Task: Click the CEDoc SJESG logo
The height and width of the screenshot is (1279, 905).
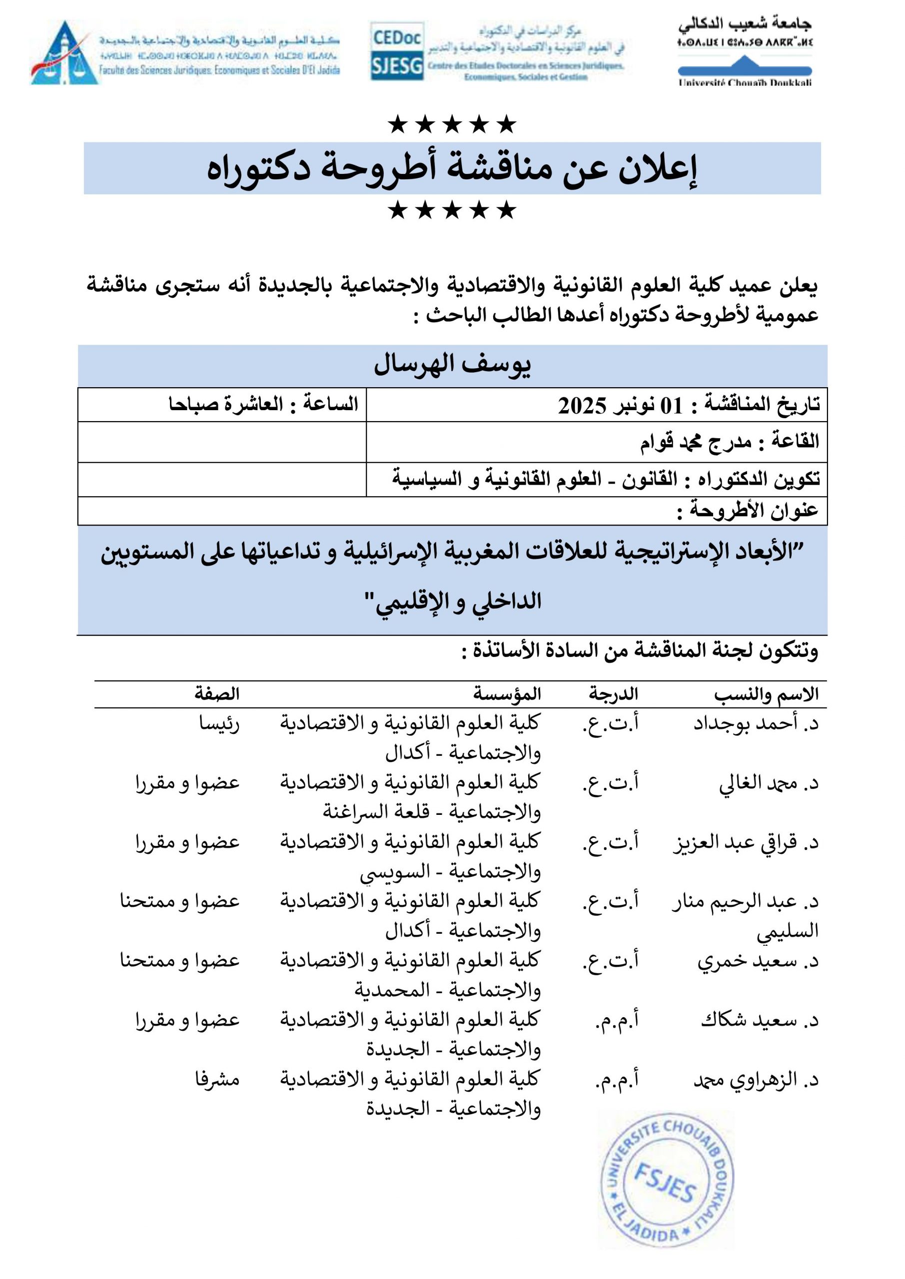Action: tap(397, 51)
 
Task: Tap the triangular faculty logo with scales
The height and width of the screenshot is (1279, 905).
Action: tap(64, 54)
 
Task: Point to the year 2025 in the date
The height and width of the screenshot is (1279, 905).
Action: tap(582, 406)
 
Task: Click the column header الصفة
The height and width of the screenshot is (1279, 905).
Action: tap(217, 694)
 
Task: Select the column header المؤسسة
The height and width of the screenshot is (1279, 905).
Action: tap(507, 694)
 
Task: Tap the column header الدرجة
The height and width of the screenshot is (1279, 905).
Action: tap(613, 694)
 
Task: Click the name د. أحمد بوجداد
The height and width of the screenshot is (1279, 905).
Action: tap(756, 723)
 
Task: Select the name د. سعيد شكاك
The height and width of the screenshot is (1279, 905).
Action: tap(760, 1021)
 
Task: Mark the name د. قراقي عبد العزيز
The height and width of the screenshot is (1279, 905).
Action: tap(746, 843)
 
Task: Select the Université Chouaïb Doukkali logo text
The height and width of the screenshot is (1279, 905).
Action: tap(745, 83)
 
